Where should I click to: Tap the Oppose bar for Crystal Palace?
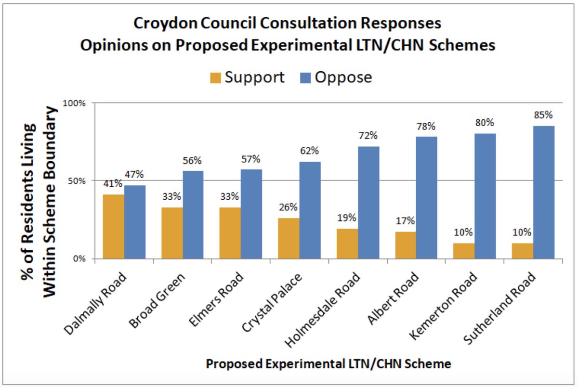[310, 210]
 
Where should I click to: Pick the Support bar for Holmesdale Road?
[347, 244]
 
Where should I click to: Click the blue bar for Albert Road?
[427, 198]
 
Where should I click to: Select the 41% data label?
[112, 184]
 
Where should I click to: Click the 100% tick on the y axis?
[76, 103]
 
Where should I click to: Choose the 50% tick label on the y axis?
[78, 181]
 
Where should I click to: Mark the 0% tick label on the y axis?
[79, 259]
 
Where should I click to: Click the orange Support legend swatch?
[215, 78]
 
